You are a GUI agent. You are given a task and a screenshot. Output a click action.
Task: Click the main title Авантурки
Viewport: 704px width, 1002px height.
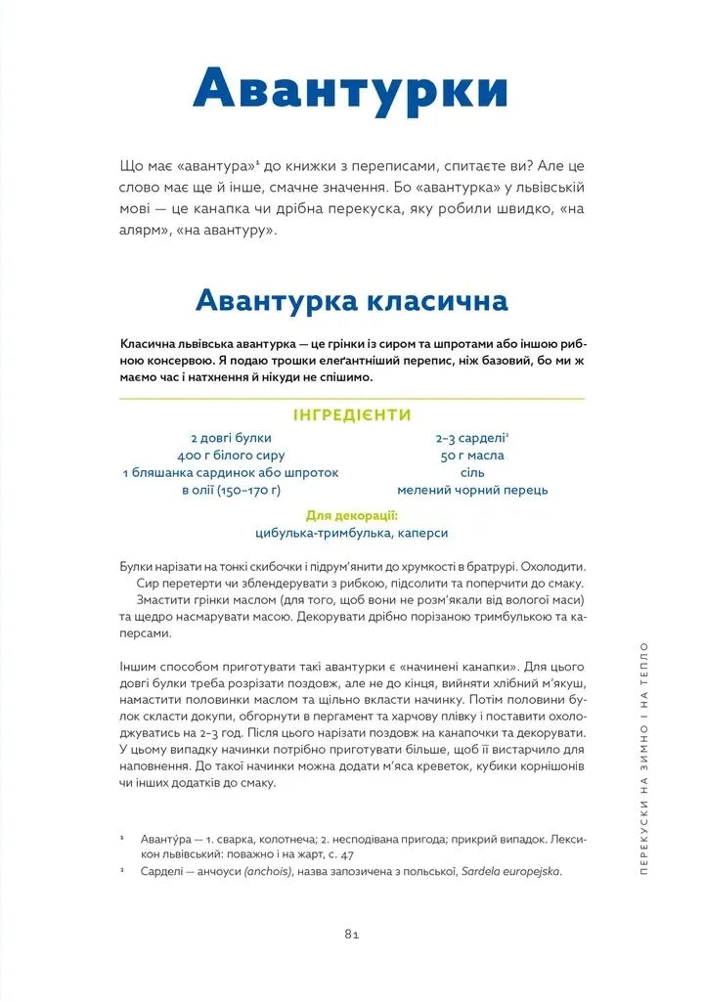tap(351, 89)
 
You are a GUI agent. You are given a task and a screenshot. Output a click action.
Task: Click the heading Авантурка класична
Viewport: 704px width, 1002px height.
tap(351, 299)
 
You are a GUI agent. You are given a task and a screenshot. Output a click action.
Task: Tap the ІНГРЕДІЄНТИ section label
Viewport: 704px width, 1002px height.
tap(351, 414)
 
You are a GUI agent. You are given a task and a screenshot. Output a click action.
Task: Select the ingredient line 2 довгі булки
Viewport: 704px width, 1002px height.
tap(231, 438)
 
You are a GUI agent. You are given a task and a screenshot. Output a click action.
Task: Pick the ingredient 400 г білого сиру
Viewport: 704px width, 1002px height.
tap(231, 456)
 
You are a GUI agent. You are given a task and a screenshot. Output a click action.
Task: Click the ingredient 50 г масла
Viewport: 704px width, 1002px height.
tap(472, 456)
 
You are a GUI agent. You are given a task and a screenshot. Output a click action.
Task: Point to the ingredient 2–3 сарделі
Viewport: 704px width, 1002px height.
tap(472, 438)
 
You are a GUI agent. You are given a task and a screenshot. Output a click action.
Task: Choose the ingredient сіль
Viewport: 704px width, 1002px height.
tap(472, 473)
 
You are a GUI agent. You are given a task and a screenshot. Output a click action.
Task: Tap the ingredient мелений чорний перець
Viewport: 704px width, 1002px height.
tap(472, 491)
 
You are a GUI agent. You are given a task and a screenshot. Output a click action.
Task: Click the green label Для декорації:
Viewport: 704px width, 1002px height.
tap(351, 515)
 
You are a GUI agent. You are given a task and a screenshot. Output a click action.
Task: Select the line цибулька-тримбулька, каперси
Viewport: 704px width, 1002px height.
tap(351, 533)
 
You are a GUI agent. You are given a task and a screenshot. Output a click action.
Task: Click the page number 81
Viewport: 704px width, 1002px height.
tap(353, 934)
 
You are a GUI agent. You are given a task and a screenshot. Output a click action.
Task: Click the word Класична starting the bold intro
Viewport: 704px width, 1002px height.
tap(148, 344)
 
